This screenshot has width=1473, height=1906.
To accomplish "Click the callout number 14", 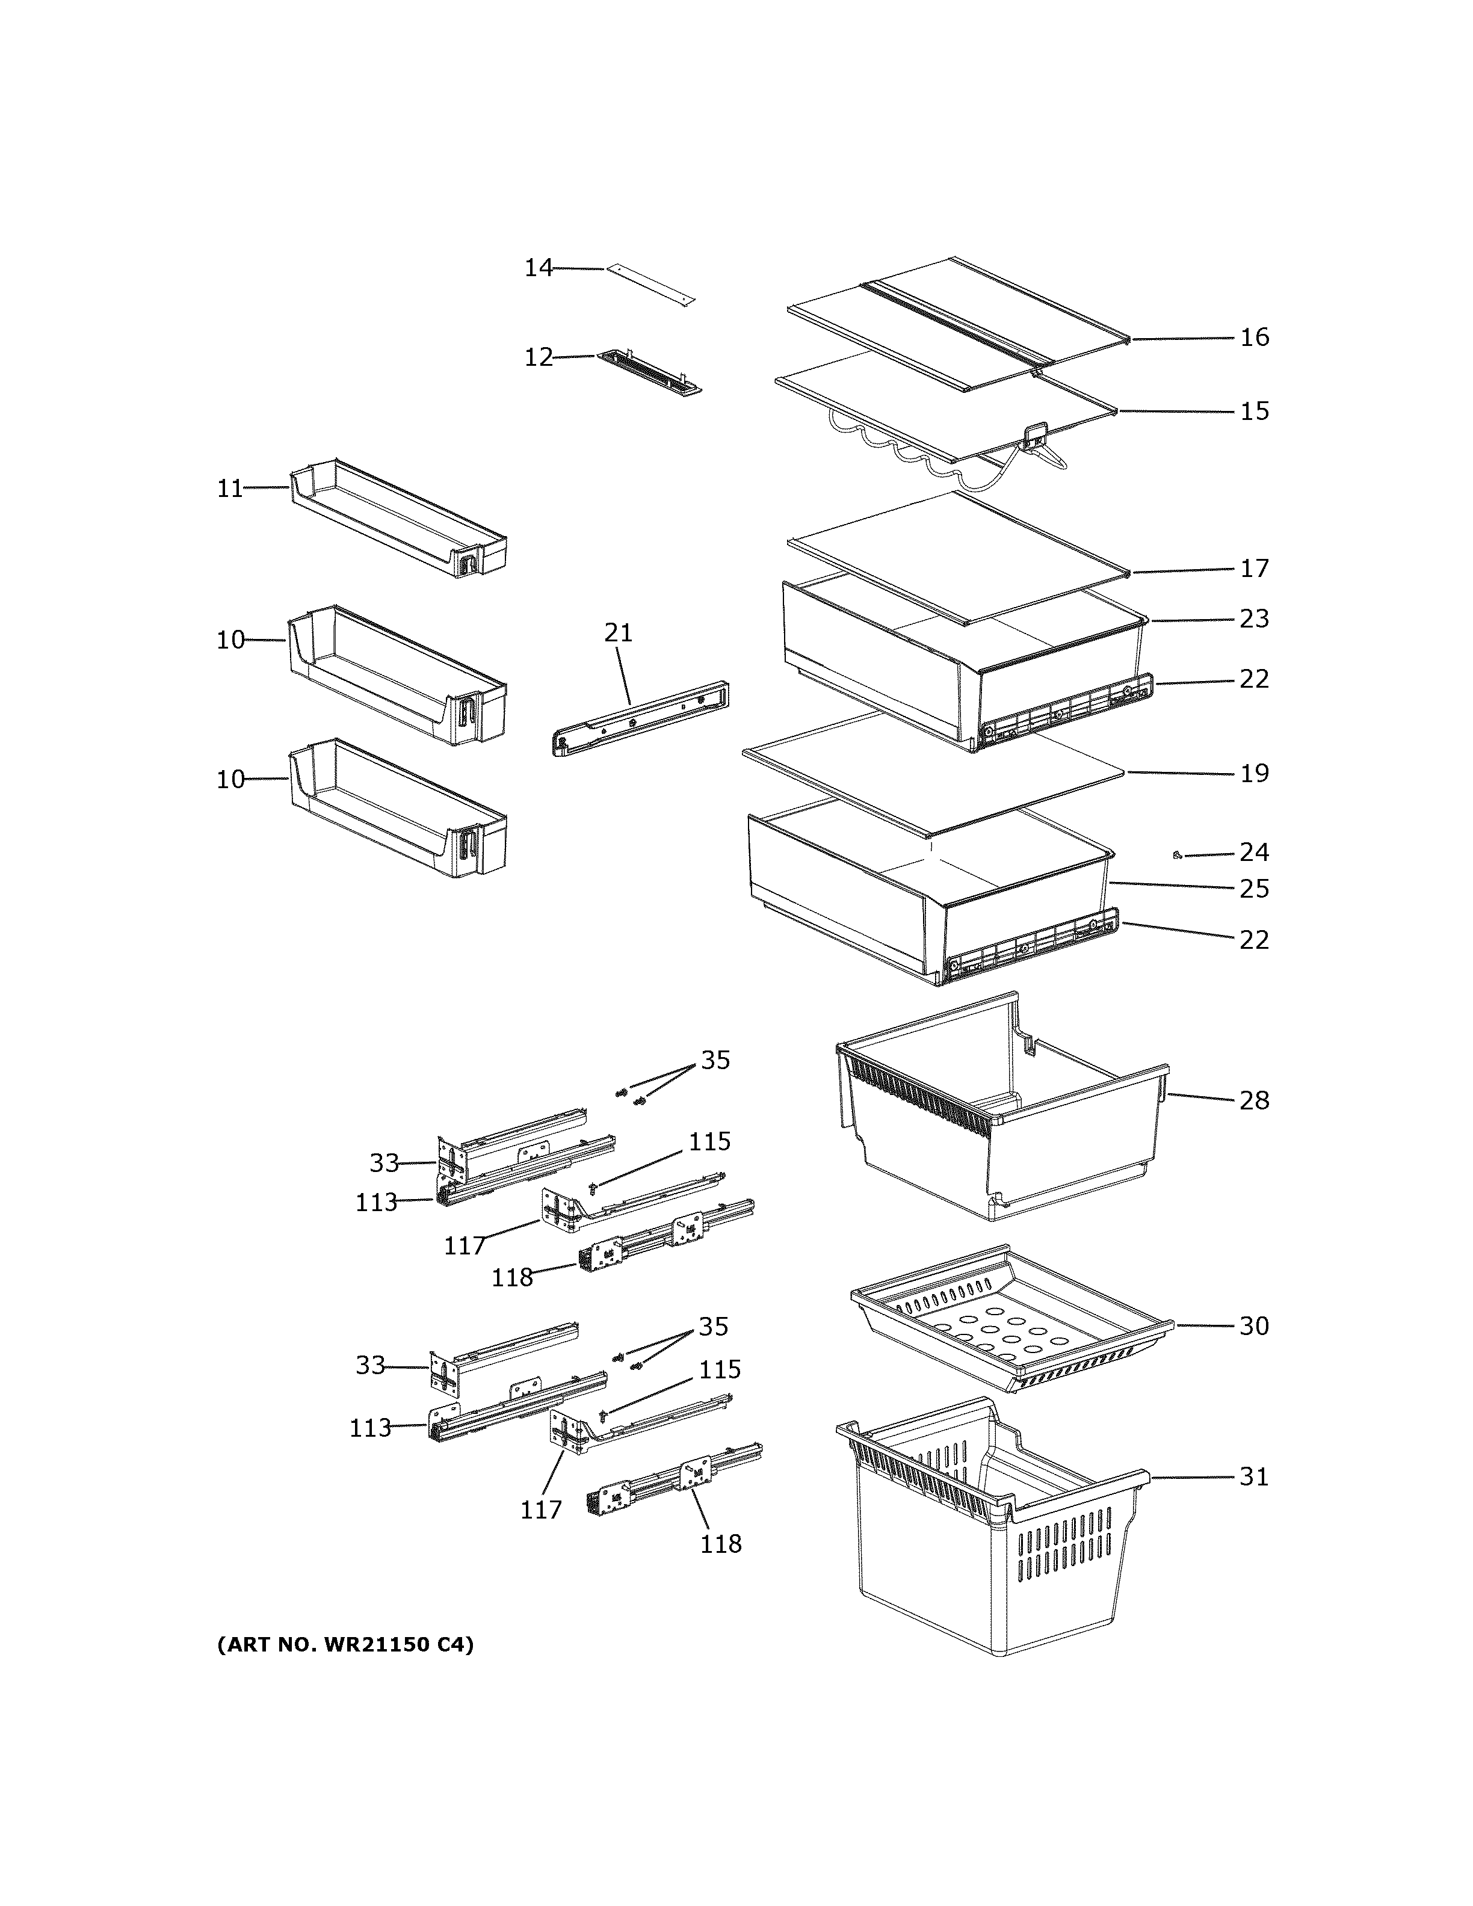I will (x=539, y=268).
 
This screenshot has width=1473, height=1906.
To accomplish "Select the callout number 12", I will (x=539, y=357).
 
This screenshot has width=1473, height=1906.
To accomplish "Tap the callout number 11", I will (x=230, y=488).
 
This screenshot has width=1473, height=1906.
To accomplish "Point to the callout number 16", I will (x=1255, y=337).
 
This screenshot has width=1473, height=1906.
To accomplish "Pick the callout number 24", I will (x=1255, y=852).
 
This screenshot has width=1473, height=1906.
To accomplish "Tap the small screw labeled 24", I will (x=1178, y=856).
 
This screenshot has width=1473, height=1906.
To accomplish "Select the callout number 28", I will (x=1255, y=1100).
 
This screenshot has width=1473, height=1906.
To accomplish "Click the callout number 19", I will (x=1255, y=773).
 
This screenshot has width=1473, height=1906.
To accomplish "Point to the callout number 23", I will (x=1255, y=618).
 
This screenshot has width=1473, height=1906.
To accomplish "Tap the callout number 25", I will (x=1255, y=889).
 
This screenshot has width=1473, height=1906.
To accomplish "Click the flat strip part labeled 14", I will (x=651, y=285).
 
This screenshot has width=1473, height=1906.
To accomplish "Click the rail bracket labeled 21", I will (x=642, y=718).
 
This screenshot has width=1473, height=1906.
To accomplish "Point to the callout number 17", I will (x=1255, y=568).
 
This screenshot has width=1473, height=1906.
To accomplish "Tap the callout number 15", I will (x=1255, y=411).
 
